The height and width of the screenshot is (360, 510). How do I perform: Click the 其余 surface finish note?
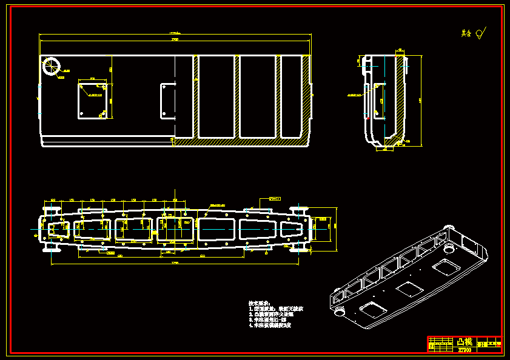[x=466, y=33]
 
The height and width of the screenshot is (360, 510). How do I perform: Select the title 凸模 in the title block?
[x=464, y=342]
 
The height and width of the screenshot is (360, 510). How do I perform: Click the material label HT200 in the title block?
[x=464, y=350]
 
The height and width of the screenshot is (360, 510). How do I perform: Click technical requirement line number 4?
[x=270, y=325]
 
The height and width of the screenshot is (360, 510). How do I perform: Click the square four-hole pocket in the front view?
[x=93, y=101]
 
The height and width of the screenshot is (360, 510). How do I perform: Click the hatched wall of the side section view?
[x=400, y=97]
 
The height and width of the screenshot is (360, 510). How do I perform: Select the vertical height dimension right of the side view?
[x=421, y=100]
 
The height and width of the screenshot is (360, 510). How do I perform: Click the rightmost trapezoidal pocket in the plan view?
[x=295, y=229]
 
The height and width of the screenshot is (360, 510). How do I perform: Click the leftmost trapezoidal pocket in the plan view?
[x=59, y=229]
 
